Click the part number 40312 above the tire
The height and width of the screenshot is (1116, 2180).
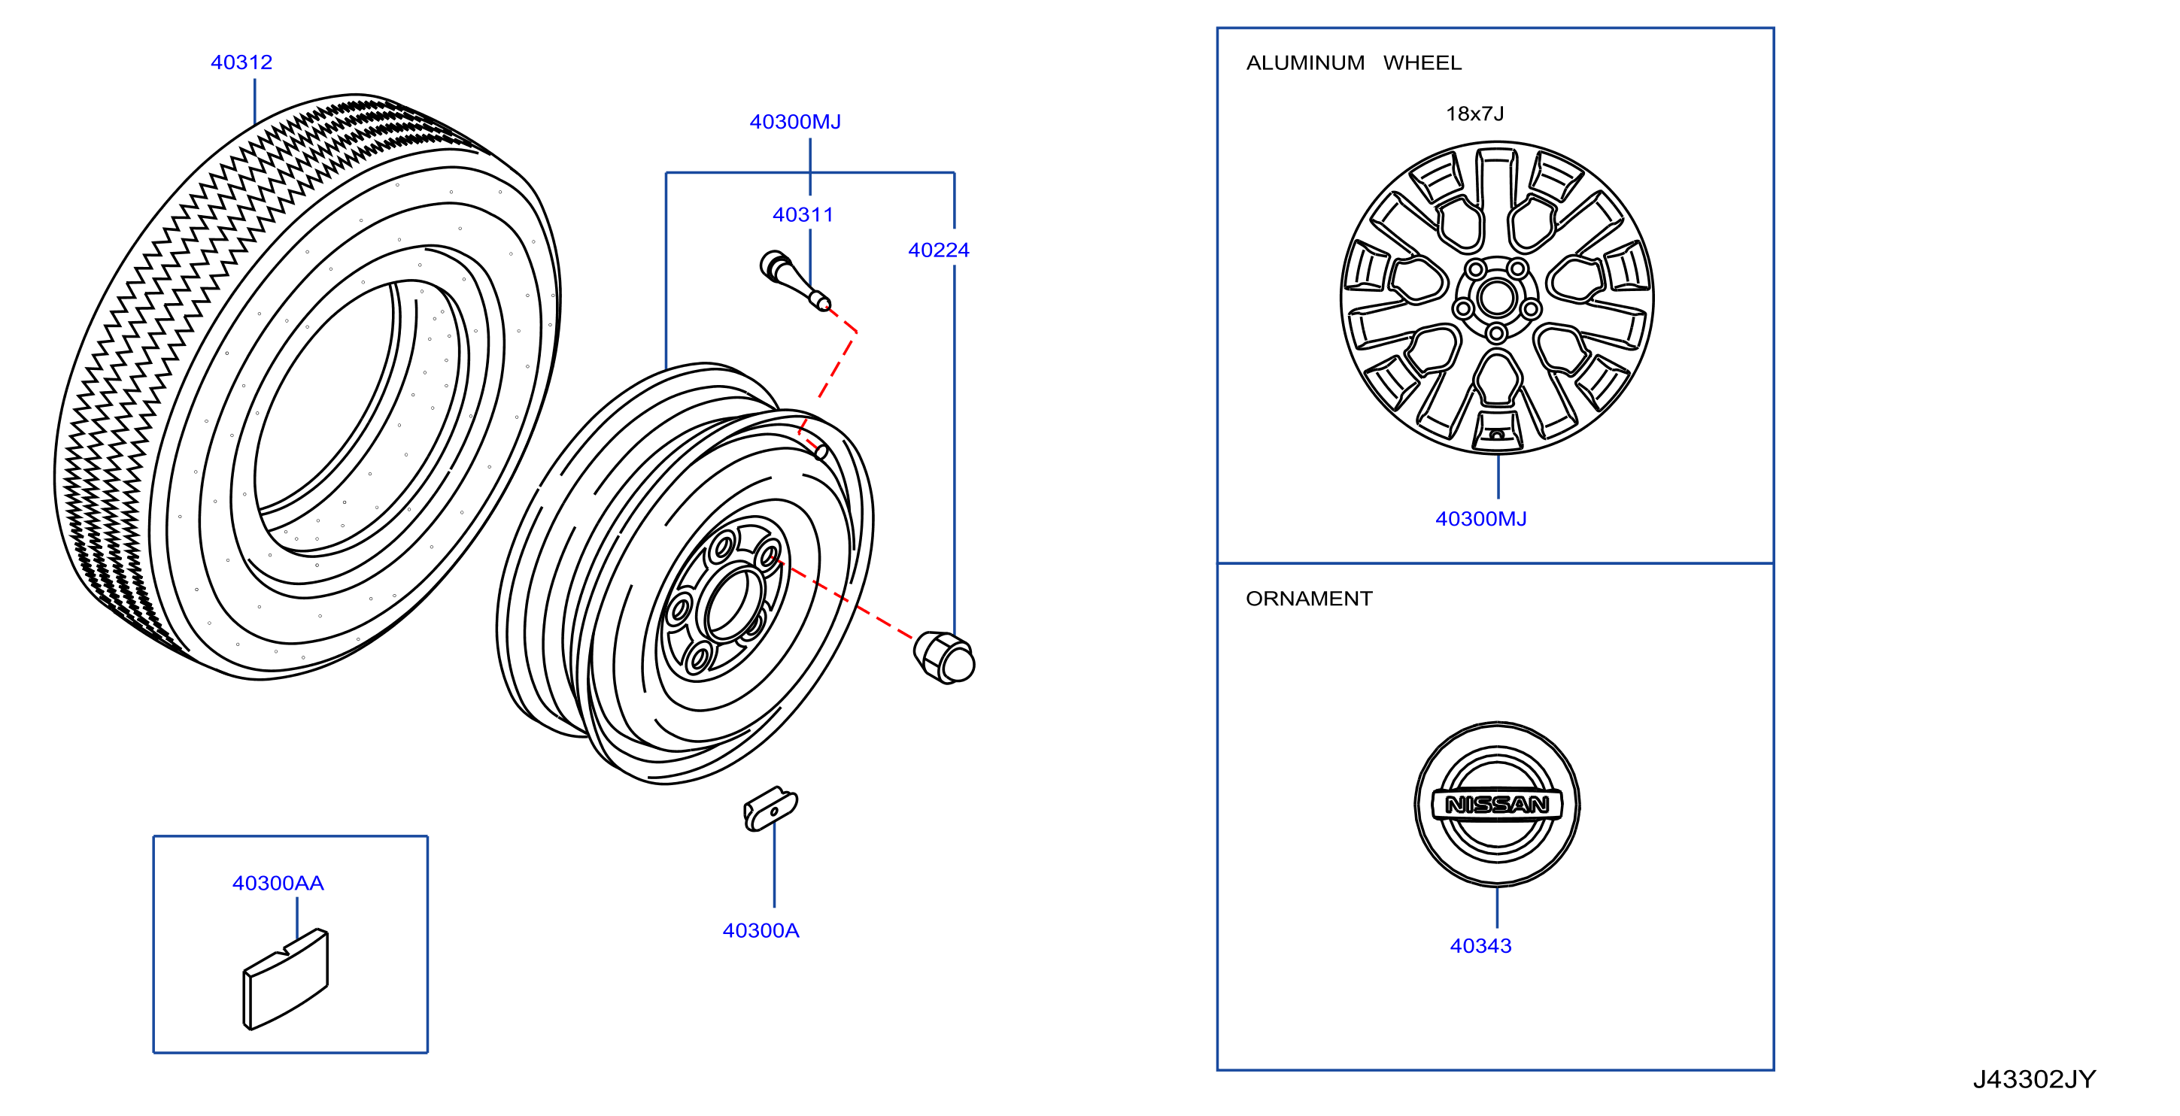pyautogui.click(x=241, y=62)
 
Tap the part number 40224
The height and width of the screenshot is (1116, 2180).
pyautogui.click(x=939, y=250)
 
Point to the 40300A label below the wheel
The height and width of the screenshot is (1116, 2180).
pyautogui.click(x=761, y=931)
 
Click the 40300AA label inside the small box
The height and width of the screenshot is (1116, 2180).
pyautogui.click(x=278, y=884)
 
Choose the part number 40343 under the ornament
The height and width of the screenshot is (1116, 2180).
pyautogui.click(x=1481, y=946)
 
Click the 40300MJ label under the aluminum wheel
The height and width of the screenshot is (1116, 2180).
pyautogui.click(x=1481, y=519)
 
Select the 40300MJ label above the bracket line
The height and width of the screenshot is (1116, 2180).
pyautogui.click(x=796, y=122)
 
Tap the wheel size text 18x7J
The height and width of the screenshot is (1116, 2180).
pyautogui.click(x=1475, y=114)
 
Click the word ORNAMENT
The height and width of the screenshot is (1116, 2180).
pyautogui.click(x=1309, y=599)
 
